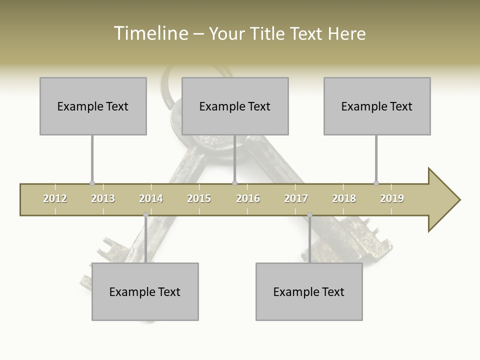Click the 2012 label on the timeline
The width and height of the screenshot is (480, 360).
point(55,199)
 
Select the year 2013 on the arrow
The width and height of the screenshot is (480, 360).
point(103,199)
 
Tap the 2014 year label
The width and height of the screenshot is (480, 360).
point(151,199)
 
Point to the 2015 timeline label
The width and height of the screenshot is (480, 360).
point(199,199)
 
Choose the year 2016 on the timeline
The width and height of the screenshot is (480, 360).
point(248,199)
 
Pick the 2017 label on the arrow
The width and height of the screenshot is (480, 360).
point(296,199)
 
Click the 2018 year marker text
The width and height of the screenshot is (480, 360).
point(344,199)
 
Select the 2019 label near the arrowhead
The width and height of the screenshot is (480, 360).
point(392,199)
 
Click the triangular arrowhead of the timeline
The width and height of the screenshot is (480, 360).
point(443,200)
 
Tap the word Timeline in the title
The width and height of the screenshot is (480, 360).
point(150,33)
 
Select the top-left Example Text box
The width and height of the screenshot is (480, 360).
point(93,106)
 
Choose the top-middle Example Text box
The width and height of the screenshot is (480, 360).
point(235,106)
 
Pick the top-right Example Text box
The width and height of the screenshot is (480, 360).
point(377,106)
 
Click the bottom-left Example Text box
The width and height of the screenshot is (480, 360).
point(145,291)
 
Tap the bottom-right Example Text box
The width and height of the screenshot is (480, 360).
point(309,291)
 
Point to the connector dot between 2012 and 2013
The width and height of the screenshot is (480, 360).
point(92,183)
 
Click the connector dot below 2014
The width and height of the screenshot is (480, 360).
point(145,215)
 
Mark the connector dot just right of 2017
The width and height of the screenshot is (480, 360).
point(309,215)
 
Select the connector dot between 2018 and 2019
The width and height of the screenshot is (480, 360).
point(376,183)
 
